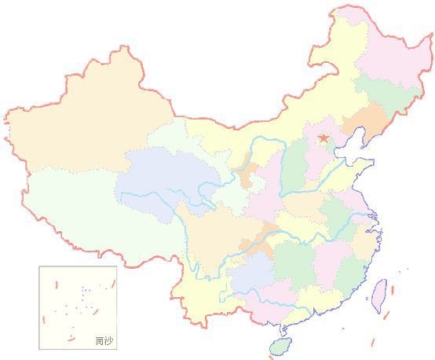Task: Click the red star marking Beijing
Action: pyautogui.click(x=324, y=139)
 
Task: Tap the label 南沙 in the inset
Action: pyautogui.click(x=103, y=340)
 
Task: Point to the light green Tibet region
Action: pyautogui.click(x=86, y=212)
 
